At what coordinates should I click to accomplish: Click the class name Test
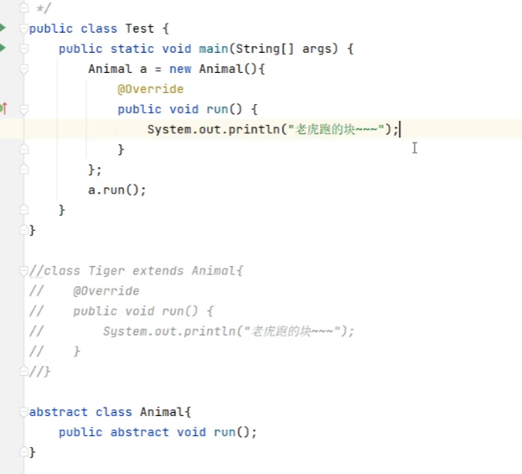(140, 29)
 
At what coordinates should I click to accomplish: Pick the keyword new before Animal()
(180, 69)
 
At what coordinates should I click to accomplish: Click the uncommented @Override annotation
(151, 89)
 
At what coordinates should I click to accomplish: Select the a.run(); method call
(117, 190)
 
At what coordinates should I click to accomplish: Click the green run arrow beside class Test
(3, 28)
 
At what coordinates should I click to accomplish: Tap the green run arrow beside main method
(3, 48)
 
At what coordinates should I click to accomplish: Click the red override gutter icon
(4, 108)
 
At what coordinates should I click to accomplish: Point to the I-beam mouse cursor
(414, 148)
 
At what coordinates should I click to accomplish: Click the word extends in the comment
(158, 271)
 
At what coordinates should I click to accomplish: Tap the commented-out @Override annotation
(106, 291)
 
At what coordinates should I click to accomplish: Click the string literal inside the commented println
(289, 331)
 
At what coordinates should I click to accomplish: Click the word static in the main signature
(132, 49)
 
